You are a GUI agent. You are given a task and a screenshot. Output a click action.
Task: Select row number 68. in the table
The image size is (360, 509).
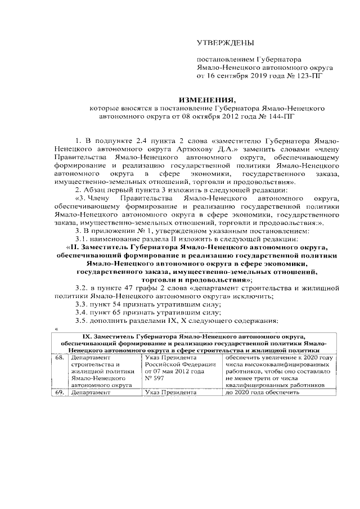(x=59, y=357)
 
